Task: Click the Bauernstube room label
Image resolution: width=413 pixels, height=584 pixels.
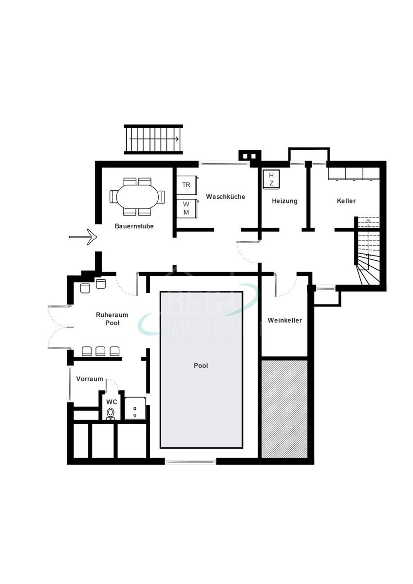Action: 134,226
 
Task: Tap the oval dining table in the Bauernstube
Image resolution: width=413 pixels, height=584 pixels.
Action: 137,197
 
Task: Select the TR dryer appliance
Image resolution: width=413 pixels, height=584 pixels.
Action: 187,185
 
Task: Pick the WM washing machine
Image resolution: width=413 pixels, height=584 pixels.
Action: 187,209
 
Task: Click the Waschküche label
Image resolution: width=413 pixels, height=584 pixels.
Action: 225,197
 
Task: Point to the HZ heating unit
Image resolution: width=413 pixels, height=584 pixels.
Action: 271,179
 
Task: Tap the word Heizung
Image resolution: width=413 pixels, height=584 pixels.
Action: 284,201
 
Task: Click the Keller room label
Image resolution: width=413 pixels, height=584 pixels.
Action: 346,201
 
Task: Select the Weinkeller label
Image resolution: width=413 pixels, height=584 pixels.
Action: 284,321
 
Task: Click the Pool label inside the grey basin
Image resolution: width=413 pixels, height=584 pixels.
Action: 201,365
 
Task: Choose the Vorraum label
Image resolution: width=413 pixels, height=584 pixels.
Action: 90,379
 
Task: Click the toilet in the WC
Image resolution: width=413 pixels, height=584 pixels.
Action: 111,413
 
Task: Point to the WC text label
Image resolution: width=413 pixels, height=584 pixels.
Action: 112,402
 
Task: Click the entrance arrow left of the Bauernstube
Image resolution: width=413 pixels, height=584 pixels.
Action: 83,237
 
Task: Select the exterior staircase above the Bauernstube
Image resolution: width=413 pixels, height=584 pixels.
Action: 153,139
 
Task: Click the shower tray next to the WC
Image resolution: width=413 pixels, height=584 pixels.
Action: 135,408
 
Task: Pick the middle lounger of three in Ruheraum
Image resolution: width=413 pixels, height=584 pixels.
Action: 101,351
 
